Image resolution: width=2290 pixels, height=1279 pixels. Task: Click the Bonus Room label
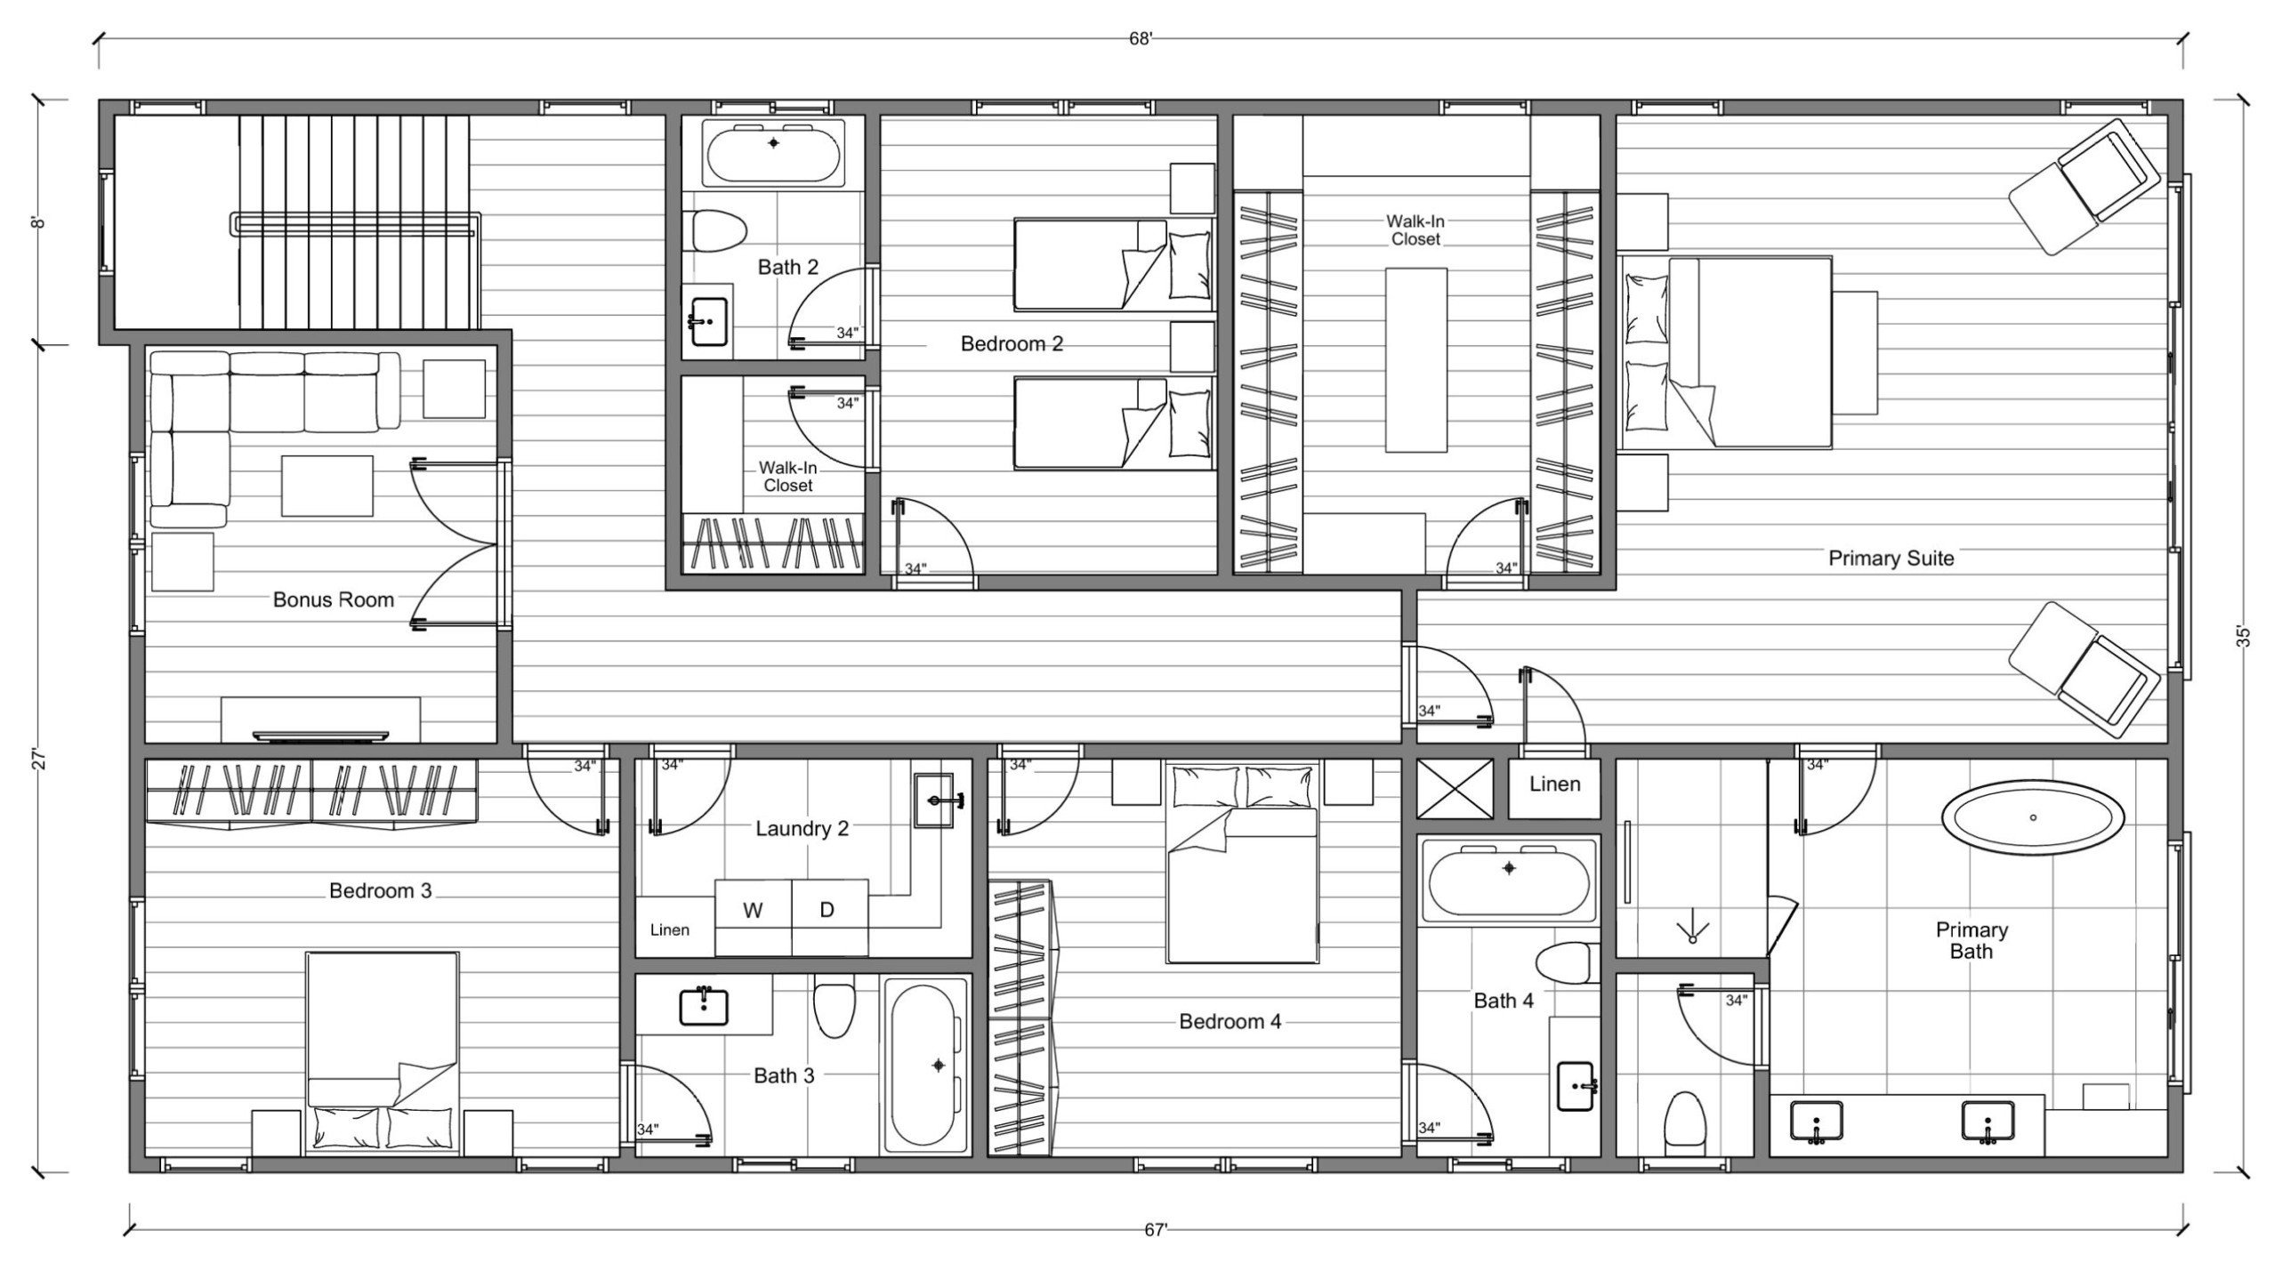pos(333,599)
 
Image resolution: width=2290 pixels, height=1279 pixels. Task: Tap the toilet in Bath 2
pos(718,231)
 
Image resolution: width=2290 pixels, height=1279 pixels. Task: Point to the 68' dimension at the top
pos(1141,39)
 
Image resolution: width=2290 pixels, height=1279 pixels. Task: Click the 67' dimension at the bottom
pos(1155,1230)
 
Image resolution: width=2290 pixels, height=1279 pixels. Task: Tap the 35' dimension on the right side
pos(2243,637)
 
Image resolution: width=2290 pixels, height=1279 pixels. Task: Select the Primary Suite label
pos(1891,559)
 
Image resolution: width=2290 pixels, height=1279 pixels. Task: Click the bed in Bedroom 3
pos(383,1054)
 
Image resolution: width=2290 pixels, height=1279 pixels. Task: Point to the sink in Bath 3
pos(704,1007)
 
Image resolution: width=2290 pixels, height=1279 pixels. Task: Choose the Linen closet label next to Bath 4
pos(1555,784)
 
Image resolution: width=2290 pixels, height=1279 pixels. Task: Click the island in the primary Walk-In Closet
pos(1416,359)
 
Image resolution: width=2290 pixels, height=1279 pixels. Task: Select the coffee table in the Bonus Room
pos(327,486)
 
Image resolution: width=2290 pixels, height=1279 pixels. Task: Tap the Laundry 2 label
pos(802,829)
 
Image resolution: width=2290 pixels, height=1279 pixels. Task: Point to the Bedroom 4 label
pos(1230,1022)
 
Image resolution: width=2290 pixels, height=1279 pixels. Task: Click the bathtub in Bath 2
pos(773,154)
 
